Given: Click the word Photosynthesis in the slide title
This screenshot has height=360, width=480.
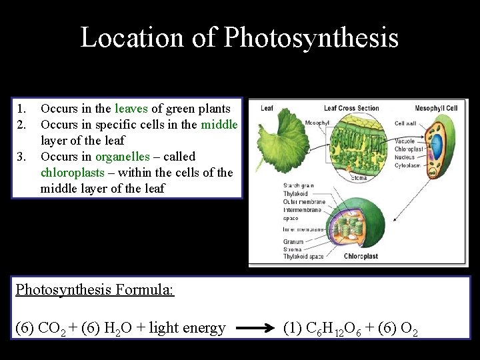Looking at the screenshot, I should pyautogui.click(x=311, y=38).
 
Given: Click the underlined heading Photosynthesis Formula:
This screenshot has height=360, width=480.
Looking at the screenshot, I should pyautogui.click(x=95, y=289).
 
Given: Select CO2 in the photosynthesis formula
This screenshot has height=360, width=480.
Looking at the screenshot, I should pyautogui.click(x=53, y=329).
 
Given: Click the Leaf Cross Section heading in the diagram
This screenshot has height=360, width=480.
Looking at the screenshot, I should pyautogui.click(x=351, y=108).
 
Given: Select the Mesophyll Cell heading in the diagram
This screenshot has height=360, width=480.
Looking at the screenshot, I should pyautogui.click(x=436, y=108).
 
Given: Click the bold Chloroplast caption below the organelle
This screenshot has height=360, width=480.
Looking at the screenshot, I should pyautogui.click(x=361, y=256).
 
